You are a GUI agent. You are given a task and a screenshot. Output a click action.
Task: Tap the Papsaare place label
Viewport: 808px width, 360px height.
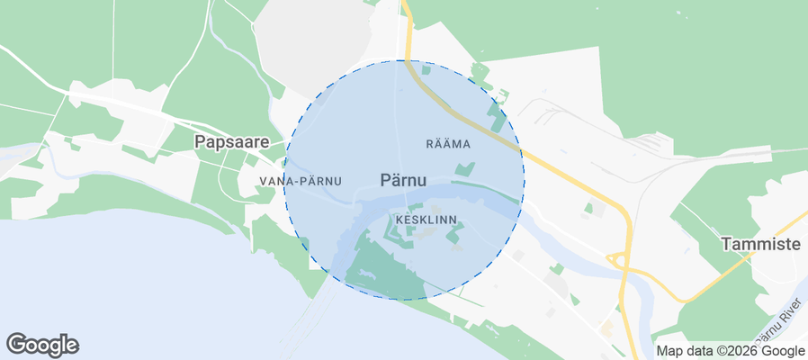[232, 141]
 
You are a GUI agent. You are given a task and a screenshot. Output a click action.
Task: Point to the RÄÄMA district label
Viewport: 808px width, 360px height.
[448, 143]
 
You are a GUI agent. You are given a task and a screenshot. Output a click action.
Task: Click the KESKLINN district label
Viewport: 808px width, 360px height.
[426, 219]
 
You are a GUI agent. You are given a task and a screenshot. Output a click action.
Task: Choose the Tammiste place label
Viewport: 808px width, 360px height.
[761, 244]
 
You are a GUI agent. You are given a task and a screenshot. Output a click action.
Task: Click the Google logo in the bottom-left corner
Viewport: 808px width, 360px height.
[42, 344]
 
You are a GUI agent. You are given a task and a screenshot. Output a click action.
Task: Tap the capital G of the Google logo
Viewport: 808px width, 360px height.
[16, 343]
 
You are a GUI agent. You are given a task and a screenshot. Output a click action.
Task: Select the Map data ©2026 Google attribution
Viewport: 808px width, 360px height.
[730, 351]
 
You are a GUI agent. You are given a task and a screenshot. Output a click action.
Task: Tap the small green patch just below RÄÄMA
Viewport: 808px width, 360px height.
[464, 168]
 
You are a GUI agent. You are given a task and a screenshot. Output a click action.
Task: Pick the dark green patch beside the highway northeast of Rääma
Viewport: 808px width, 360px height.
[495, 114]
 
